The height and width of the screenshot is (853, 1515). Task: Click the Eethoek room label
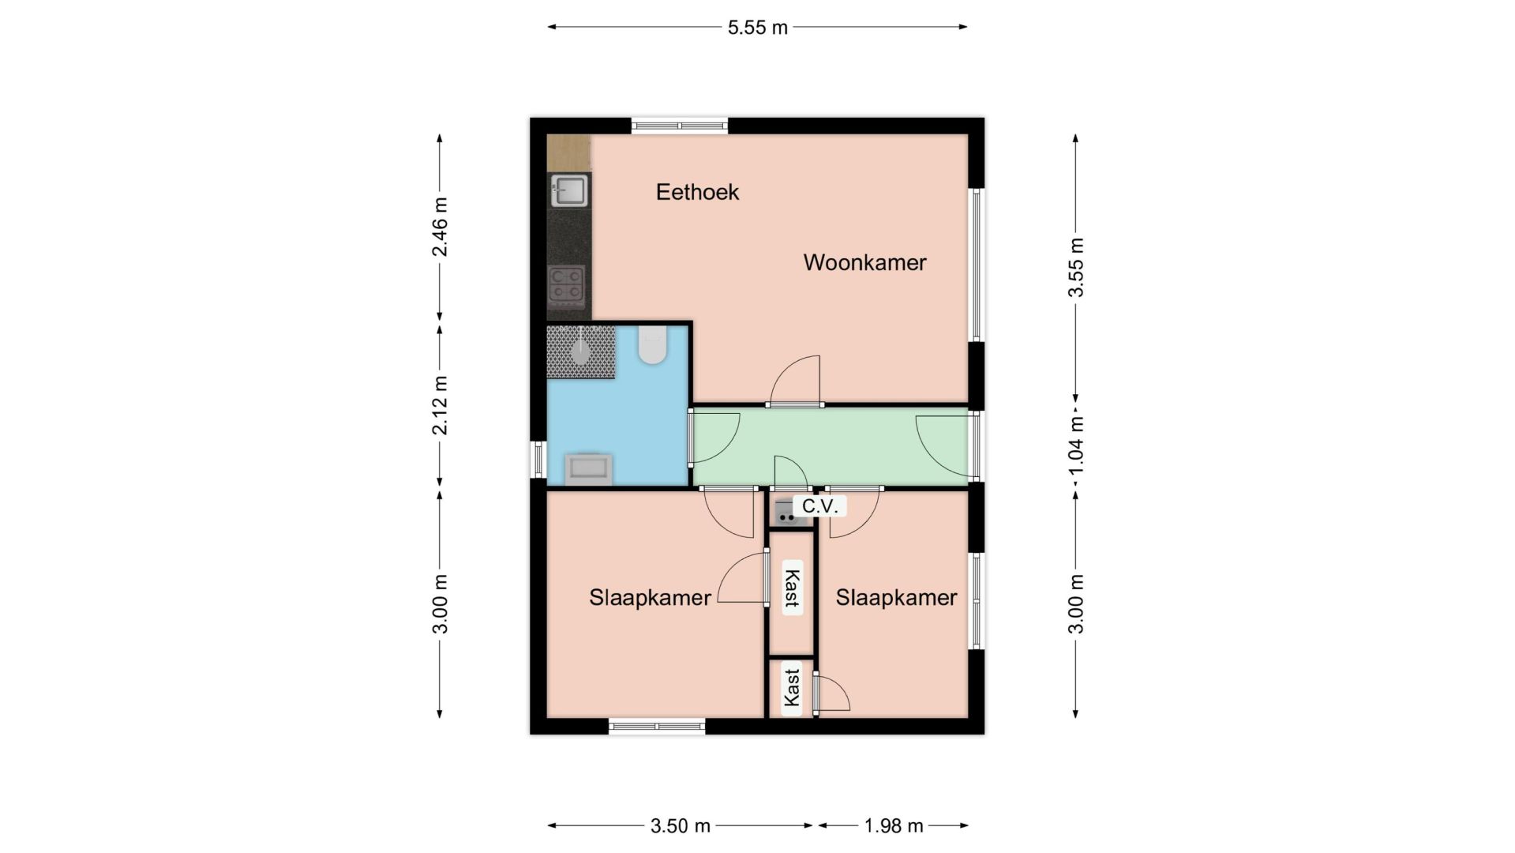tap(697, 192)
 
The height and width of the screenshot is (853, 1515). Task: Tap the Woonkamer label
tap(864, 262)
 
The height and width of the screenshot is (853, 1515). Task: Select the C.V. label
tap(819, 506)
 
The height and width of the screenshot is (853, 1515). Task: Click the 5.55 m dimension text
tap(757, 28)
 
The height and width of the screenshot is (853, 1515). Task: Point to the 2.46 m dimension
tap(440, 227)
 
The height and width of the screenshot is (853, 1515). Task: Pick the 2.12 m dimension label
tap(440, 405)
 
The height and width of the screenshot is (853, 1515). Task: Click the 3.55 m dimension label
tap(1075, 267)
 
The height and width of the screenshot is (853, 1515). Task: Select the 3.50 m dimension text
tap(681, 826)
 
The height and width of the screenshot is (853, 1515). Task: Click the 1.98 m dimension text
tap(894, 826)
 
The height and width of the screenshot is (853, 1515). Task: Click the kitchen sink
tap(568, 190)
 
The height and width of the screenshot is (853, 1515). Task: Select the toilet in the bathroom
tap(652, 345)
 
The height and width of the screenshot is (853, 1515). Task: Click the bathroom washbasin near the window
tap(588, 468)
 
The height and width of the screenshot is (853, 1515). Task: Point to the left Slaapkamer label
tap(650, 598)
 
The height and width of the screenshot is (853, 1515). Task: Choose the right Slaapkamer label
tap(896, 598)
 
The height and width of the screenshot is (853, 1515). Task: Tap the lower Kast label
tap(791, 688)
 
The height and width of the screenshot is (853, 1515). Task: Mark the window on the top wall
tap(679, 125)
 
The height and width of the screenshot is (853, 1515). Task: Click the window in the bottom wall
tap(657, 727)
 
